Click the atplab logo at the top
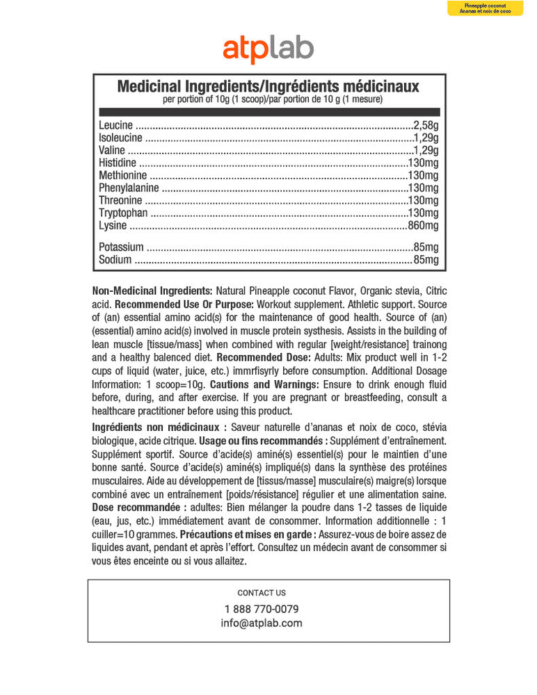(268, 49)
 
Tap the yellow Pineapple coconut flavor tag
(495, 8)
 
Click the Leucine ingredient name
(116, 126)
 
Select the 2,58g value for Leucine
(426, 126)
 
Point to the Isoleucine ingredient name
(121, 138)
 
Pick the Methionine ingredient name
(123, 176)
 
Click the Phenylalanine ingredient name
(129, 188)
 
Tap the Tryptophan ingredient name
(123, 213)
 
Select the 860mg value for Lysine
(423, 226)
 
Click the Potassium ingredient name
(121, 247)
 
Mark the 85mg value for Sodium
(426, 260)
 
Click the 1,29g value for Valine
(426, 151)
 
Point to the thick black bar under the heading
(269, 111)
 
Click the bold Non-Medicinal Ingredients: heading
(152, 291)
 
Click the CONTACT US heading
(262, 593)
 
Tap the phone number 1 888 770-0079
(262, 609)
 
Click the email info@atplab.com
(262, 623)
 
